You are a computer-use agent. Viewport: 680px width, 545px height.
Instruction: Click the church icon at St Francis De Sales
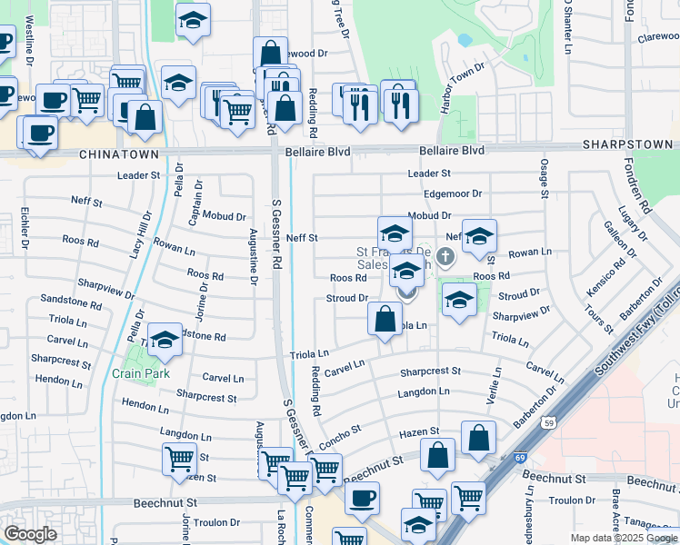point(445,257)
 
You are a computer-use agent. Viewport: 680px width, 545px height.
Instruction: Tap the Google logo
point(31,534)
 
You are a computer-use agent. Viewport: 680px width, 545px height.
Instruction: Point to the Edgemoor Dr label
point(453,193)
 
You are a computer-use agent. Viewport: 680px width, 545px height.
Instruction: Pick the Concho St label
point(342,428)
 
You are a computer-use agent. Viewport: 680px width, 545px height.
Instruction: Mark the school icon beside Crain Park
point(165,339)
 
